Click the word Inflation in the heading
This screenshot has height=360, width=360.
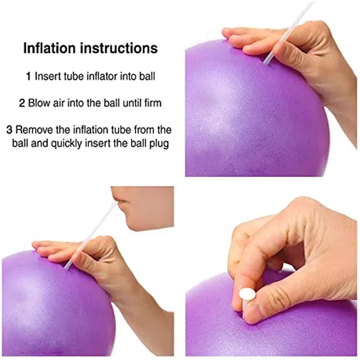pos(49,48)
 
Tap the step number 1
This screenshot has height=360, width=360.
pos(28,76)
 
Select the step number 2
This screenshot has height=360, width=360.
pos(22,103)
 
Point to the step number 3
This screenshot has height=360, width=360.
pos(9,130)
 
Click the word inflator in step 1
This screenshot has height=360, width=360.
pos(103,76)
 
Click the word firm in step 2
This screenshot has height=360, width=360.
pos(153,103)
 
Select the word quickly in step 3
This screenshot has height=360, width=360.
pos(66,144)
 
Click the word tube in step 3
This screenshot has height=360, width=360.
pos(122,130)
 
